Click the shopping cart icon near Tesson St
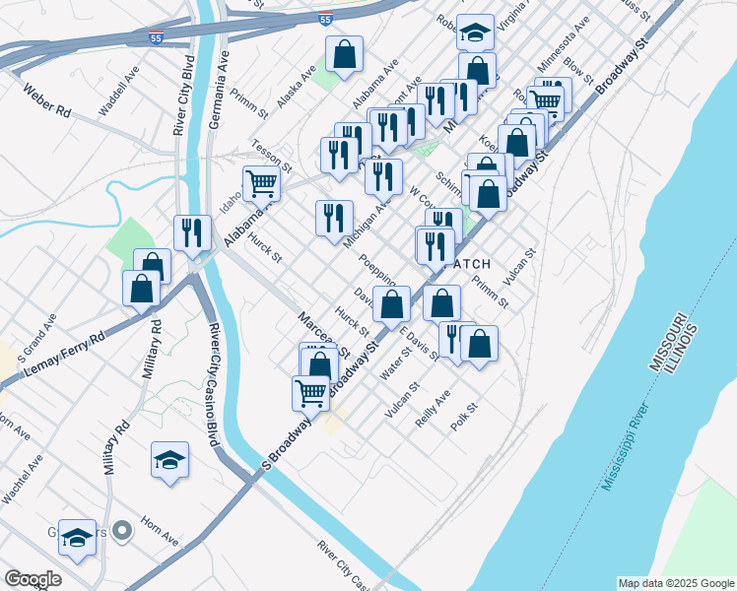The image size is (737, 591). pyautogui.click(x=261, y=183)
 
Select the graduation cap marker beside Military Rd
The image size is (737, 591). pyautogui.click(x=169, y=460)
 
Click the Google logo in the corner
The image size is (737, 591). pyautogui.click(x=33, y=579)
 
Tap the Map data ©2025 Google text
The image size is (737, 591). pyautogui.click(x=675, y=583)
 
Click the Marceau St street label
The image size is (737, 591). pyautogui.click(x=324, y=336)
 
